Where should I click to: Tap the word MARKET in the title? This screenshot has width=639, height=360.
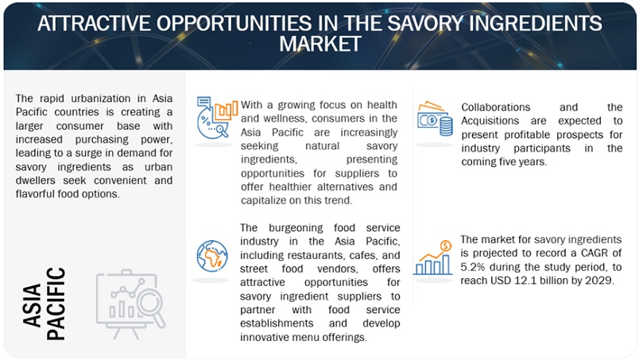[319, 45]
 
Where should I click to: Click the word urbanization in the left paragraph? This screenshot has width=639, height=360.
[91, 99]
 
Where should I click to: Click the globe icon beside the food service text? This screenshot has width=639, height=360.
[211, 255]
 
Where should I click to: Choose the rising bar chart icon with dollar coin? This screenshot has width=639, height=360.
[434, 257]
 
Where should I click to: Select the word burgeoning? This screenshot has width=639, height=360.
[299, 228]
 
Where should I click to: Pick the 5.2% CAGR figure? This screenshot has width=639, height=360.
[474, 267]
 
